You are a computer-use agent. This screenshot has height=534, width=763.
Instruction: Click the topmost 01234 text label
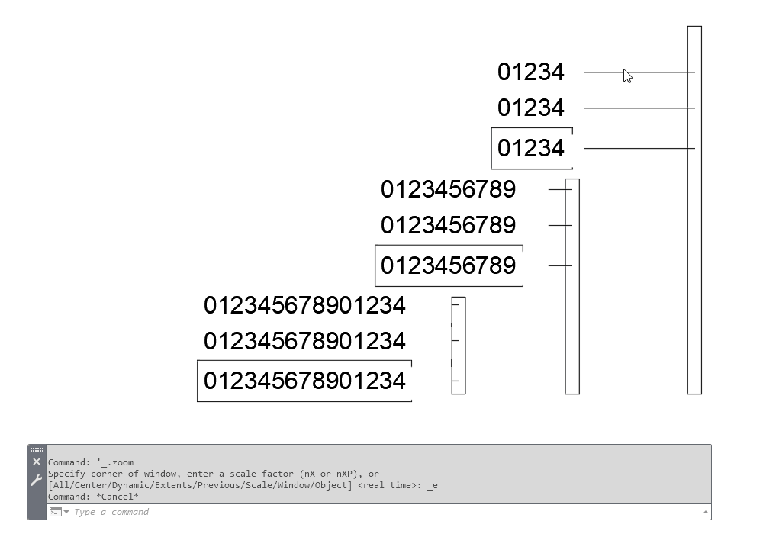tap(530, 72)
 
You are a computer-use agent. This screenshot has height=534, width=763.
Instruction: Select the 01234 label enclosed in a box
tap(530, 148)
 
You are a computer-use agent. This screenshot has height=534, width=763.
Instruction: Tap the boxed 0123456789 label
tap(448, 265)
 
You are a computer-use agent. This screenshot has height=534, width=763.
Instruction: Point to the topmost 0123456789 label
tap(448, 189)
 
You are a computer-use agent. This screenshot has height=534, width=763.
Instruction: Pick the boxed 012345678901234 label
tap(304, 381)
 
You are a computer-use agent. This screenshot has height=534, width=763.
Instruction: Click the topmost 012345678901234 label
tap(304, 305)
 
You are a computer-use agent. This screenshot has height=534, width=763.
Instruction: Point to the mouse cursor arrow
tap(627, 76)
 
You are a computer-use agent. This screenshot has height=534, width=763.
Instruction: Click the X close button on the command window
tap(37, 462)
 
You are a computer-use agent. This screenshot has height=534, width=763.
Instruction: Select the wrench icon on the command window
tap(37, 481)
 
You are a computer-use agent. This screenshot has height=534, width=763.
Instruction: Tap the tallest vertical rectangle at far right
tap(694, 210)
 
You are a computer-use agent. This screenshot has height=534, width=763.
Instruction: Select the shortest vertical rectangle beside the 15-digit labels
tap(459, 346)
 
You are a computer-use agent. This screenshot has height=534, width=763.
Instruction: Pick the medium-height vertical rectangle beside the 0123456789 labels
tap(572, 287)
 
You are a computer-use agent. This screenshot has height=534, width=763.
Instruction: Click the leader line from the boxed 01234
tap(639, 148)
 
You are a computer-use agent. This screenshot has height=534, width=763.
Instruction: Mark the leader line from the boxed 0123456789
tap(560, 265)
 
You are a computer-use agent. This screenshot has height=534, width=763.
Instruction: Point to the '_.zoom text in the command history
tap(115, 462)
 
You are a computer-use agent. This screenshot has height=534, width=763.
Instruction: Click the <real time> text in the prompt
tap(390, 485)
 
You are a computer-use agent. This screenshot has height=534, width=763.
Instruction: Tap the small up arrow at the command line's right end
tap(705, 512)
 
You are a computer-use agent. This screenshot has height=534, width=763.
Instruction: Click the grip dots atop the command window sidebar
tap(37, 449)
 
